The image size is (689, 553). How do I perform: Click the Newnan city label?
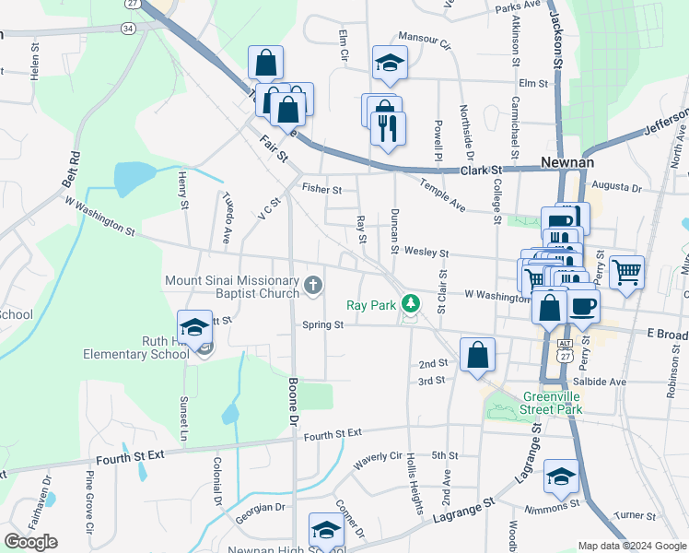(x=564, y=161)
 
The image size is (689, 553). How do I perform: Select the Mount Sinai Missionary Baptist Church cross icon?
(x=312, y=285)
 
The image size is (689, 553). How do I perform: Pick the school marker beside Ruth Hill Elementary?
(x=194, y=326)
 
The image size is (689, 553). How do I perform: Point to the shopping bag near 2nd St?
(x=478, y=355)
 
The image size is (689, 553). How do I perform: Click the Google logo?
(x=30, y=542)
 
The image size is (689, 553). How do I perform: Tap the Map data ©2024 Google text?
(x=631, y=545)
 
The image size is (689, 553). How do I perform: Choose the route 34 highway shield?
(x=127, y=29)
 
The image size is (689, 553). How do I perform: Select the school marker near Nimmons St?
(x=560, y=475)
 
